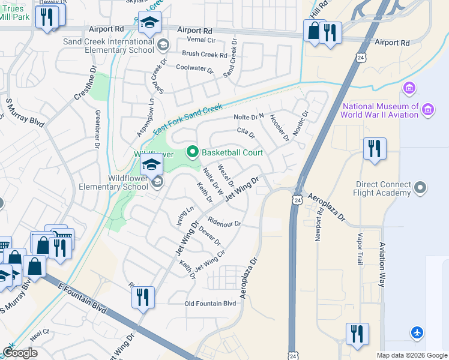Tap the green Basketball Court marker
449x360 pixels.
[x=192, y=152]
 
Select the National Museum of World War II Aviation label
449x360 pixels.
[x=380, y=110]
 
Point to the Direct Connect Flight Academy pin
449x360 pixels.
[x=420, y=188]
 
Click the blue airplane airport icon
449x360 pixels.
[x=417, y=332]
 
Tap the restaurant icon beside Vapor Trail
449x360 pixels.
[x=357, y=335]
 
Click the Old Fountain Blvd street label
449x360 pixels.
[x=210, y=304]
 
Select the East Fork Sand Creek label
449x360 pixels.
[x=187, y=119]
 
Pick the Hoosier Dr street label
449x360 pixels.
[x=279, y=128]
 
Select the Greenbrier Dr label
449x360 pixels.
[x=97, y=128]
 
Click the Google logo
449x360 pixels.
[x=20, y=353]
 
